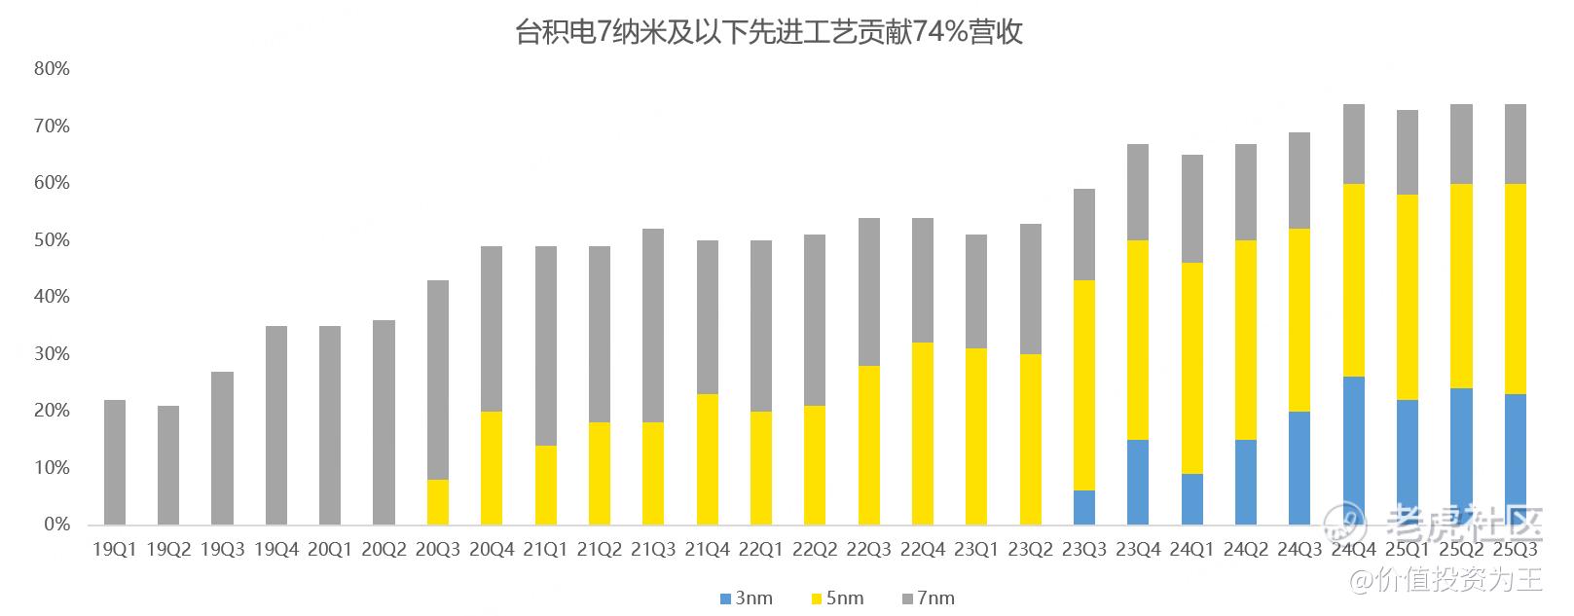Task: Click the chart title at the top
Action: click(x=768, y=34)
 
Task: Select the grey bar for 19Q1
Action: click(x=115, y=462)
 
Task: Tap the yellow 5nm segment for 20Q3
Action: click(x=438, y=501)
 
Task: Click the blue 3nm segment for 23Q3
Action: click(x=1084, y=507)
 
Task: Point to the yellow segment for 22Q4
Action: click(x=923, y=433)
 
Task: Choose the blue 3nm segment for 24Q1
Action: click(x=1191, y=499)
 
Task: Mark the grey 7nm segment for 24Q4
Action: click(x=1353, y=144)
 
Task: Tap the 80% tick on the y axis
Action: click(x=52, y=69)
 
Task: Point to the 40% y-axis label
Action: click(x=52, y=297)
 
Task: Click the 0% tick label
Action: click(x=56, y=525)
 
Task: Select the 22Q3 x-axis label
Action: click(x=868, y=550)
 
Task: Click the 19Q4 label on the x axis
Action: click(x=276, y=550)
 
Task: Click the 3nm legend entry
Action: click(x=746, y=598)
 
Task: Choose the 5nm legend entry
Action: click(x=836, y=598)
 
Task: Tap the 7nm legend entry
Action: click(x=928, y=598)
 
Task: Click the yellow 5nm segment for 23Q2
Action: click(x=1030, y=439)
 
